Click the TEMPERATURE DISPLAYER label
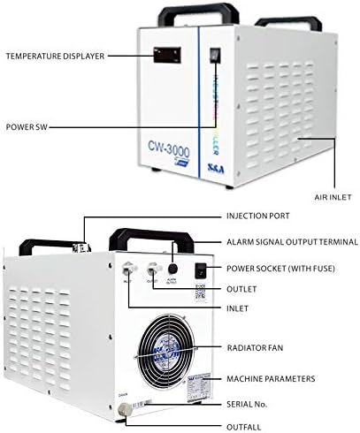click(55, 56)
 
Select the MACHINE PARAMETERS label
click(271, 378)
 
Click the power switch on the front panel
click(212, 55)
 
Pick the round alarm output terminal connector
click(173, 270)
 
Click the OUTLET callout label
click(241, 287)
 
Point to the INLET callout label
click(237, 308)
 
